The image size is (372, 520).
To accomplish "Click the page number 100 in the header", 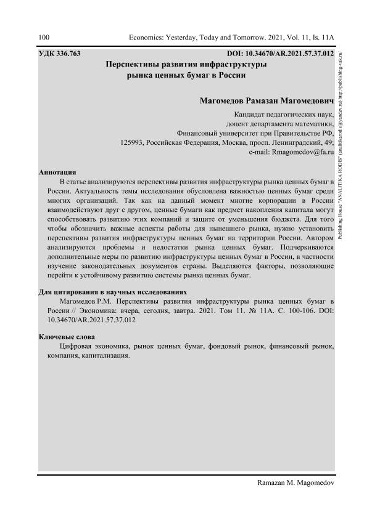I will [x=44, y=38].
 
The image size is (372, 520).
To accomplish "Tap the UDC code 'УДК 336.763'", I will [x=60, y=54].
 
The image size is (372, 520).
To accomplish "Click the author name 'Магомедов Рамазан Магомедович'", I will [x=267, y=100].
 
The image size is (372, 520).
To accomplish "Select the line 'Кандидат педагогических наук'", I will [x=284, y=115].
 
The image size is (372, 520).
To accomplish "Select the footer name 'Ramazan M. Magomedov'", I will [x=294, y=483].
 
